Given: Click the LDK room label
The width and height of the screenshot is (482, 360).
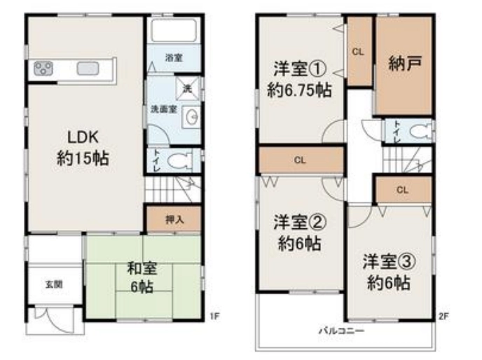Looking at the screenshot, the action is coord(83,137).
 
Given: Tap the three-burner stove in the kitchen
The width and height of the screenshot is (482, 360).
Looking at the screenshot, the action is coord(43,68).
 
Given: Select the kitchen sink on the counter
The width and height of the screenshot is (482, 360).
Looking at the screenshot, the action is coord(88,68).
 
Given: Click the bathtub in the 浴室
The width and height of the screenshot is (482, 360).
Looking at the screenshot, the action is coord(174,30).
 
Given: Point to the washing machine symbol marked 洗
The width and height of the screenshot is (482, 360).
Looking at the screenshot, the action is coord(187,88).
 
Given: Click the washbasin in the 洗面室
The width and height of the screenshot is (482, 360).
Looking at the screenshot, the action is coord(191,117).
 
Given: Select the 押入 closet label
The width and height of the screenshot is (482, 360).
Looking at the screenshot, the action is coord(174,219).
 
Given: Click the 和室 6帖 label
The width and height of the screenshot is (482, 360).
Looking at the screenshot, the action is coord(142,277).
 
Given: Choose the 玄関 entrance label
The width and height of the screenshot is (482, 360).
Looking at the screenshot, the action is coord(54,284).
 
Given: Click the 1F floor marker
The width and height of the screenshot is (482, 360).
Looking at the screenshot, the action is coord(215,316).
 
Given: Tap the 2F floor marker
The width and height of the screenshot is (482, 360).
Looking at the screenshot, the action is coord(443,316).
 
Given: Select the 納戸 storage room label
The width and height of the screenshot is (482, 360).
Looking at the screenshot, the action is coord(404,63).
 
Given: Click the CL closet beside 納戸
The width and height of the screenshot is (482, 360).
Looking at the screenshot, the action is coord(359,51).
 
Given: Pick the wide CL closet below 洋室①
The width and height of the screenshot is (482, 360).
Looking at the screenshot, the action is coord(301,160).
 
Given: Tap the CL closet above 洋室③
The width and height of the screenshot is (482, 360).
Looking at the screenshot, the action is coord(403,190).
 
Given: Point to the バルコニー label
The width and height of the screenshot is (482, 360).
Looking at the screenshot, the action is coord(341,331).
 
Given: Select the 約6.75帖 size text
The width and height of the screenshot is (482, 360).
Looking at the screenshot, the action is coord(299,90).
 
